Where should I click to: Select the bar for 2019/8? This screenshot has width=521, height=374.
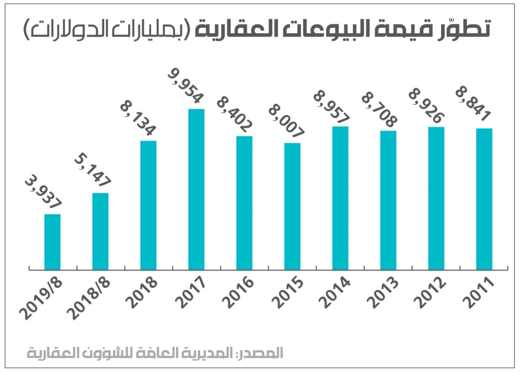point(52,242)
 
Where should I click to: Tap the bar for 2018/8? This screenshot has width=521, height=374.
point(100,231)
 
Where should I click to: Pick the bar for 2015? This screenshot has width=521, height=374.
point(292,206)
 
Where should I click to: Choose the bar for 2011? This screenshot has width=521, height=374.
point(484,199)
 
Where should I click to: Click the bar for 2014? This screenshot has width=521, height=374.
point(340,198)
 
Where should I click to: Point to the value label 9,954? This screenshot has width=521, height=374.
point(186,88)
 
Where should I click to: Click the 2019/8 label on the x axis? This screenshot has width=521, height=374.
point(43,300)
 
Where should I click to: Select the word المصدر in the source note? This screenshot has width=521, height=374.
point(263,353)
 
